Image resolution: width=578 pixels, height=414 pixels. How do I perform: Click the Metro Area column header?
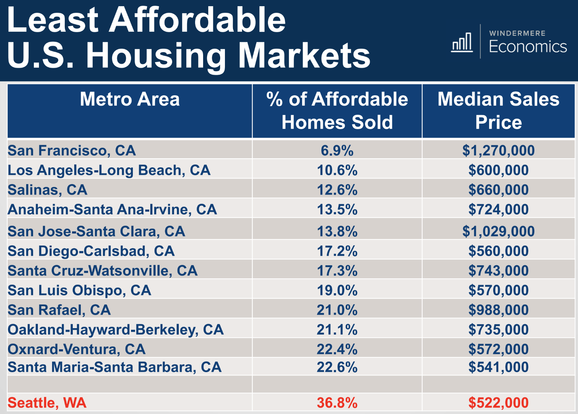tap(130, 99)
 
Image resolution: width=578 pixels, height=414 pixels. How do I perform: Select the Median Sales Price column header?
tap(498, 111)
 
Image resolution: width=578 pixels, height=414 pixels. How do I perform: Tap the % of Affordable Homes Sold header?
tap(337, 111)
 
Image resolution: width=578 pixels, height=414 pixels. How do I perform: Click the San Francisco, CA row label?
tap(72, 151)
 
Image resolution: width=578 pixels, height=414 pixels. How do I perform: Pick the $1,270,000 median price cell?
tap(498, 151)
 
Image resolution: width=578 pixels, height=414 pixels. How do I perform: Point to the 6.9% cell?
tap(337, 151)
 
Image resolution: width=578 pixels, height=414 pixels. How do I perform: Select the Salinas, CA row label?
tap(48, 190)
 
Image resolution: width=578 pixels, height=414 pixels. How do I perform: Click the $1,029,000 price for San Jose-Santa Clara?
tap(498, 231)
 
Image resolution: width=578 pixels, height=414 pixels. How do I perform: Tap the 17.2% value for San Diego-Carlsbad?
tap(337, 251)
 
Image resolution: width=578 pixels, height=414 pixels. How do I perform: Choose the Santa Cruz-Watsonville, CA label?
tap(103, 271)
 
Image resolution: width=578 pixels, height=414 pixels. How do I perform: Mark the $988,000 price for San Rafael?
tap(498, 310)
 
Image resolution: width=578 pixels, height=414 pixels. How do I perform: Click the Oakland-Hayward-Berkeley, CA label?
tap(116, 330)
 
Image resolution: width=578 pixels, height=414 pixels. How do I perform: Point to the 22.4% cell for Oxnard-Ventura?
tap(337, 349)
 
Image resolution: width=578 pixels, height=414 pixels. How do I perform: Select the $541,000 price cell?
tap(498, 367)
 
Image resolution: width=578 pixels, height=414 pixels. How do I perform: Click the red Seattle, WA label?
tap(47, 403)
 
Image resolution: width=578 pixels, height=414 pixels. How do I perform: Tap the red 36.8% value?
tap(337, 403)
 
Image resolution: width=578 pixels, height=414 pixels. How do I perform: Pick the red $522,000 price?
tap(498, 403)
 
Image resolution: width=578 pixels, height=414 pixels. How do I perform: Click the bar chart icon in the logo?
tap(462, 42)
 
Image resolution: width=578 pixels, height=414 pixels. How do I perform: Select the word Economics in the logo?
tap(528, 47)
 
